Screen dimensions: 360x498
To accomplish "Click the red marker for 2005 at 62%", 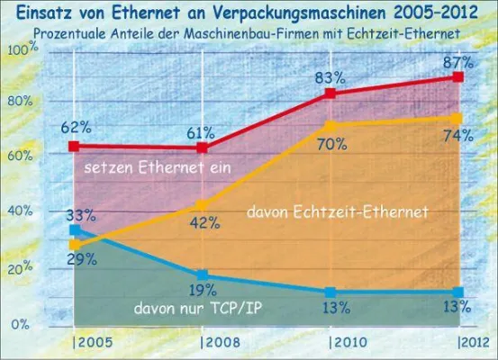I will click(75, 146).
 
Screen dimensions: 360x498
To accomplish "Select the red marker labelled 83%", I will click(330, 94).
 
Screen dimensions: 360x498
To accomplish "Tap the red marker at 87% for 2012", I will click(458, 78).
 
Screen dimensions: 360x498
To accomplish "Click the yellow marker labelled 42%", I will click(203, 205).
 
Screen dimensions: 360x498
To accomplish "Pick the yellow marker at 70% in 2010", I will click(330, 126).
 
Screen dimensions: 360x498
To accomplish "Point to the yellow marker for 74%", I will click(458, 118).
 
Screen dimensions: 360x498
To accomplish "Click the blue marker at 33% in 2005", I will click(75, 230).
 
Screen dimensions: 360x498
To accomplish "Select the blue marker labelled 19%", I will click(203, 274).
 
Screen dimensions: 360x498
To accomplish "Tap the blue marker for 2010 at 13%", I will click(330, 292).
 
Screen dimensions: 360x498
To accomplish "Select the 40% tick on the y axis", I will click(20, 211).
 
